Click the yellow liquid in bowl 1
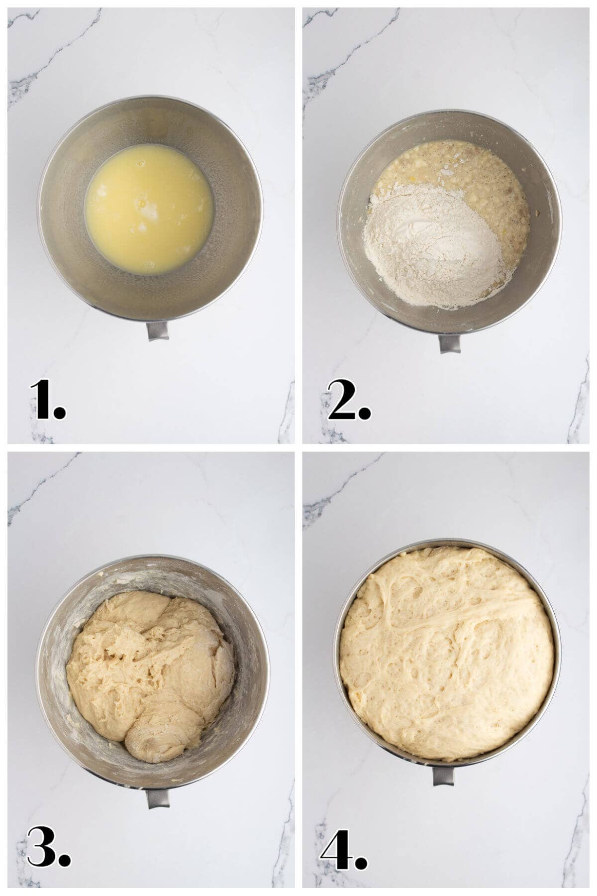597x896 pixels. (149, 209)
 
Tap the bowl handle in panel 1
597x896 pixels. (158, 330)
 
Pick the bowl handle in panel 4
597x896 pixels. (443, 776)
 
